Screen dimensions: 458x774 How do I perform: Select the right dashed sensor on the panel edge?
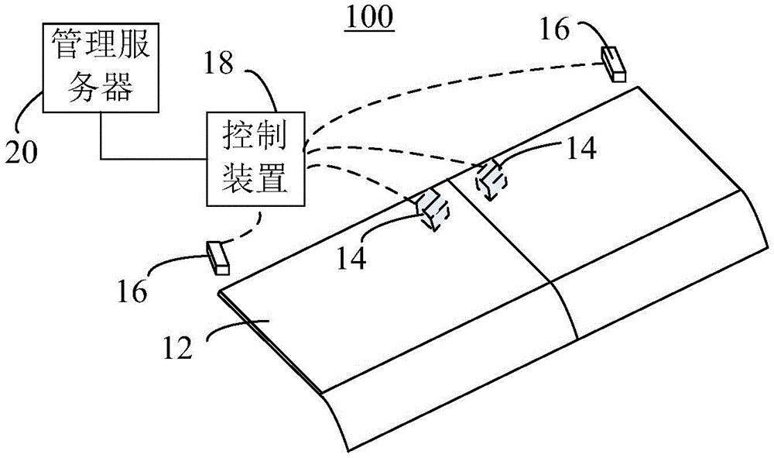click(491, 181)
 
